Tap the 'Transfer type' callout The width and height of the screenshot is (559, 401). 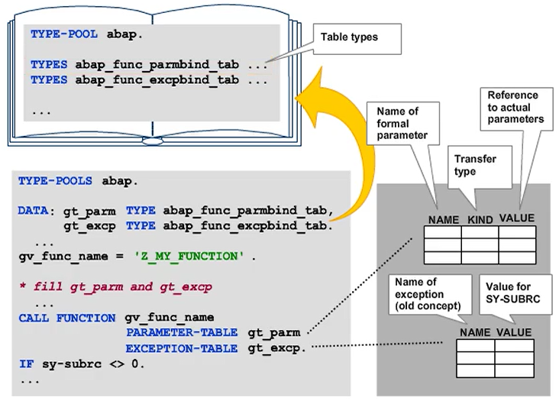coord(475,165)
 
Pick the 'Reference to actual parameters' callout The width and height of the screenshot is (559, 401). coord(512,107)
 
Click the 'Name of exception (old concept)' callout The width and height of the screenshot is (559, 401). coord(422,293)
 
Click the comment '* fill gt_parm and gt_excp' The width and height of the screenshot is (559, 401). coord(115,286)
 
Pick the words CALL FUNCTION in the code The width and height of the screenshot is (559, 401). coord(67,317)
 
